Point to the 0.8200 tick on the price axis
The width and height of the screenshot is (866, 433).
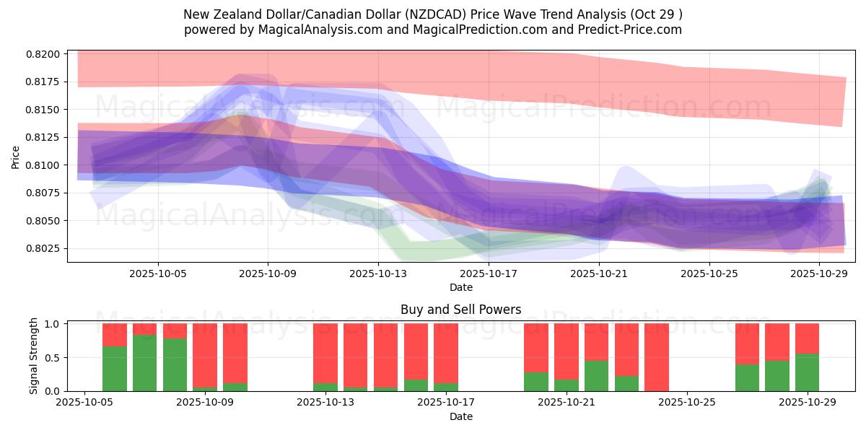coord(46,54)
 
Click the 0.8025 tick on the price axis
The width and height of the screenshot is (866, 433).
coord(46,248)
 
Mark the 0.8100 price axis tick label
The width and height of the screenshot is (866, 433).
coord(46,165)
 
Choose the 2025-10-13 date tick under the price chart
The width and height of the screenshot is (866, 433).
coord(378,274)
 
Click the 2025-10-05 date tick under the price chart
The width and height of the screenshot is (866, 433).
coord(158,274)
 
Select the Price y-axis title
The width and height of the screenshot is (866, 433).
coord(16,157)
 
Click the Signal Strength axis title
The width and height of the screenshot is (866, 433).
coord(33,356)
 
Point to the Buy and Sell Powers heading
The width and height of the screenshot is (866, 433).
coord(461,310)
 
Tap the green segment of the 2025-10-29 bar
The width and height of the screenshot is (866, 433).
coord(807,372)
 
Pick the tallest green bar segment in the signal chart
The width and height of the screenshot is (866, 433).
coord(144,363)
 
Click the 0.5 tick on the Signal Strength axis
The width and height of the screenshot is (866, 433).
coord(55,358)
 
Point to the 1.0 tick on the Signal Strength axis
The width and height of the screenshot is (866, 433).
coord(55,324)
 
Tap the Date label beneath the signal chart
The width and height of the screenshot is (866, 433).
coord(461,416)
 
